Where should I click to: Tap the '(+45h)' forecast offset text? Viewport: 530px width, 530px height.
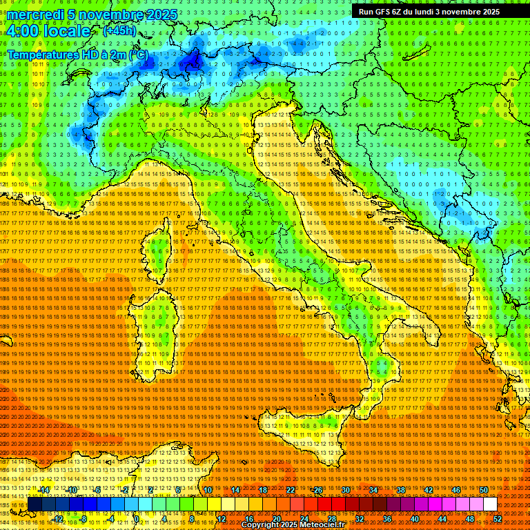119,31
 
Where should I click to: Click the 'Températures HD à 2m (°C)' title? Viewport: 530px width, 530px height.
77,55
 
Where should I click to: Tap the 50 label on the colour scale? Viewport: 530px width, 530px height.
483,490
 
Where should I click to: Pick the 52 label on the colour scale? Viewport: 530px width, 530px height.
497,518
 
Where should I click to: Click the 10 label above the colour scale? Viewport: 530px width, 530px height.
208,490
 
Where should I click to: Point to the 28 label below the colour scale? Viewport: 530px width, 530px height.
332,518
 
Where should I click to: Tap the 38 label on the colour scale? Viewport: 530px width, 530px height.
400,490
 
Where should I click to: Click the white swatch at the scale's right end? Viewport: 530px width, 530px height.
490,504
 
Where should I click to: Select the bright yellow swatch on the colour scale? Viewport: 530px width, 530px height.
228,504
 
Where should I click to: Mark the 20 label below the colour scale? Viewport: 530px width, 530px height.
277,518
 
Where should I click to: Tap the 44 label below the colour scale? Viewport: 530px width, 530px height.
442,518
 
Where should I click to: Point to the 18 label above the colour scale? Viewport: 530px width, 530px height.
263,490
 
